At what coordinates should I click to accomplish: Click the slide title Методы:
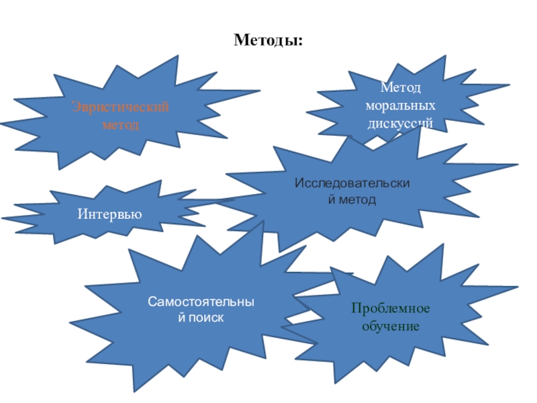click(x=268, y=42)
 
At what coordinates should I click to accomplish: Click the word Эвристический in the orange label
click(x=121, y=109)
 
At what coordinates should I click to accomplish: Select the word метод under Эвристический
click(x=121, y=125)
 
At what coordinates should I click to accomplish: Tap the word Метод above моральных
click(x=401, y=89)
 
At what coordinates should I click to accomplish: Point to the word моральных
click(x=401, y=106)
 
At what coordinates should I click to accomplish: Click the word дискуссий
click(x=401, y=124)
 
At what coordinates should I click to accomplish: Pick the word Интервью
click(x=109, y=215)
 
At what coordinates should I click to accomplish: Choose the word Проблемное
click(x=391, y=309)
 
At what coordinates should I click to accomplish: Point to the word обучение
click(x=391, y=326)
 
